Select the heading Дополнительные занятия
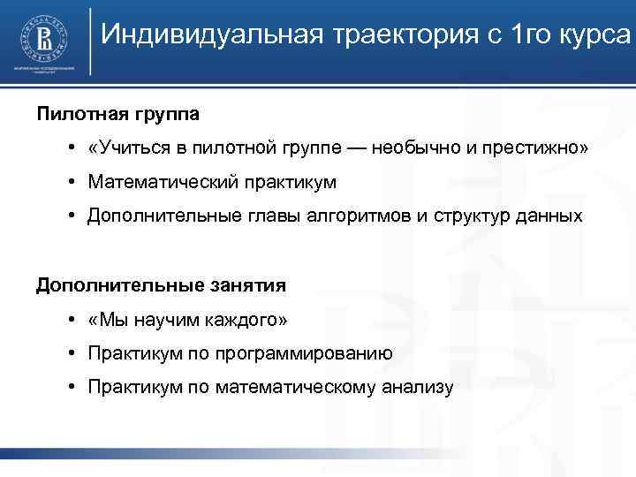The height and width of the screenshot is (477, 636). (161, 285)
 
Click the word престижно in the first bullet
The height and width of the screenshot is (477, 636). (533, 148)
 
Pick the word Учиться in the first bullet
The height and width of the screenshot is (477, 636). (127, 148)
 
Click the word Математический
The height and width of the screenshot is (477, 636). (163, 182)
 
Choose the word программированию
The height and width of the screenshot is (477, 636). (308, 353)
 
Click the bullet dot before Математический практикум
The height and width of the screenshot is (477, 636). (70, 182)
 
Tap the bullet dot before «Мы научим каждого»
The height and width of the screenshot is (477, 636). (70, 319)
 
